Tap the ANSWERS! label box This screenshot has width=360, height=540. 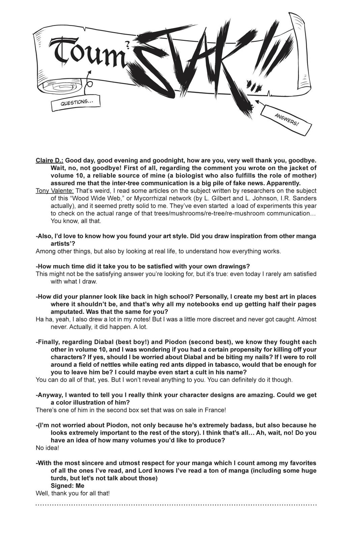point(287,119)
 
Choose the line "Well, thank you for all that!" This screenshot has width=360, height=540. point(73,493)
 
